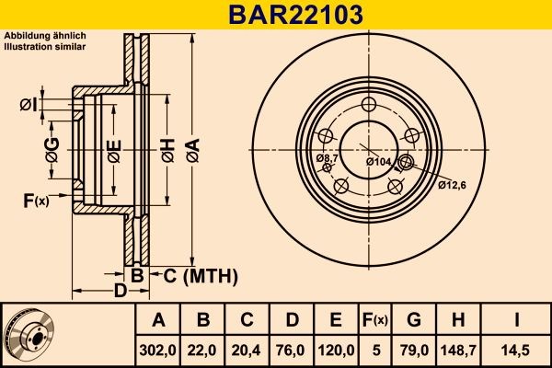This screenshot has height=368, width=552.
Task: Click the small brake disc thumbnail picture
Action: (34, 333)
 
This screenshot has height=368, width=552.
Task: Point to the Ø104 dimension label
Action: (378, 162)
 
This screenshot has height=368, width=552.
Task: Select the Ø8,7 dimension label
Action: (327, 159)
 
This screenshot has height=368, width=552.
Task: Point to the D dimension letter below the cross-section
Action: (120, 292)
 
